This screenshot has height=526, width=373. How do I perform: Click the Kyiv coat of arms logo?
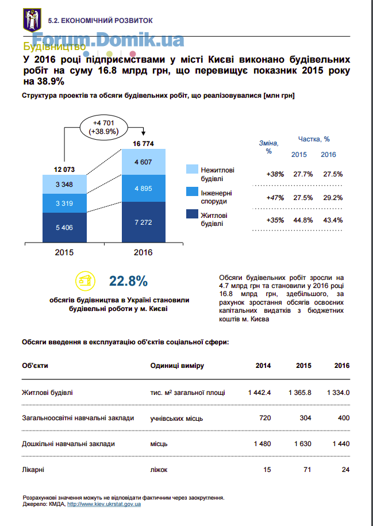pyautogui.click(x=32, y=20)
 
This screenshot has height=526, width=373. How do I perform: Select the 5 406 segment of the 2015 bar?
pyautogui.click(x=64, y=228)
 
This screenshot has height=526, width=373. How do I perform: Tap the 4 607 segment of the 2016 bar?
pyautogui.click(x=144, y=162)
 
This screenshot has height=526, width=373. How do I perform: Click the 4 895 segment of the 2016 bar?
pyautogui.click(x=144, y=188)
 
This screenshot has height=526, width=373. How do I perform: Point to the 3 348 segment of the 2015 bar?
pyautogui.click(x=64, y=184)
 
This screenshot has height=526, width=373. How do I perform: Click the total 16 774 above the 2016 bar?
pyautogui.click(x=143, y=144)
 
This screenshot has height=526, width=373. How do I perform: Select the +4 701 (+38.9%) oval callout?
pyautogui.click(x=103, y=128)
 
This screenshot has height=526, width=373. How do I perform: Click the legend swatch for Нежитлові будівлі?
pyautogui.click(x=192, y=169)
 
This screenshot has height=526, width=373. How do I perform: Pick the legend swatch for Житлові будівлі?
pyautogui.click(x=192, y=214)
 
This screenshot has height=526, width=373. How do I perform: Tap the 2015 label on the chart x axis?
pyautogui.click(x=64, y=252)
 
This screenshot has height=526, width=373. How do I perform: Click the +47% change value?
pyautogui.click(x=275, y=198)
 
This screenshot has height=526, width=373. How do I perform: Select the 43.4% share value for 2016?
pyautogui.click(x=333, y=220)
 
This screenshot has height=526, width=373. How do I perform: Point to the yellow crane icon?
pyautogui.click(x=85, y=281)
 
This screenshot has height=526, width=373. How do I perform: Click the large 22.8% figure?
pyautogui.click(x=129, y=282)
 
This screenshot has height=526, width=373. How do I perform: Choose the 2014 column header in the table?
pyautogui.click(x=263, y=366)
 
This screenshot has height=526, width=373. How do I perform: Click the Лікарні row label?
pyautogui.click(x=33, y=470)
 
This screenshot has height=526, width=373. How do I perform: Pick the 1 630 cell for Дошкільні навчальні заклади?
pyautogui.click(x=302, y=444)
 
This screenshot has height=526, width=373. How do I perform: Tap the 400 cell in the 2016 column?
pyautogui.click(x=344, y=418)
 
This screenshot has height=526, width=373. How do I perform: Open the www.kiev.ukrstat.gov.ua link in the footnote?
pyautogui.click(x=104, y=504)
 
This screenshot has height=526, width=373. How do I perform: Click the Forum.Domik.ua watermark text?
pyautogui.click(x=108, y=40)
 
